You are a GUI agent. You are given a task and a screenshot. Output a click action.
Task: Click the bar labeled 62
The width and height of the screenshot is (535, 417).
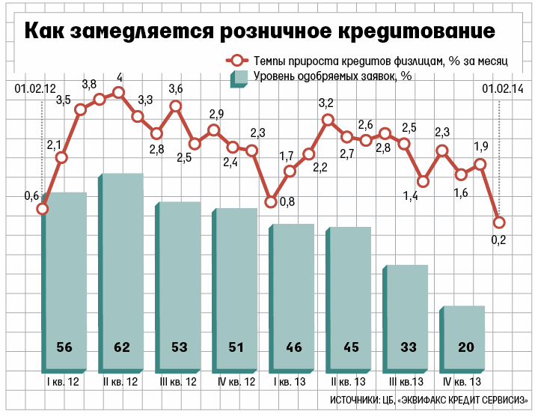point(122,270)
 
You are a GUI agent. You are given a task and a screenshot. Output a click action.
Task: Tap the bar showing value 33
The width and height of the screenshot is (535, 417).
point(407,314)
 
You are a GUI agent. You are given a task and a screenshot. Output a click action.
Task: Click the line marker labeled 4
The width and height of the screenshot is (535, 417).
point(118,93)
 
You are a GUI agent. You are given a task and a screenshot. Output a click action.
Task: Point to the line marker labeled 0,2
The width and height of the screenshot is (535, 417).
point(499,222)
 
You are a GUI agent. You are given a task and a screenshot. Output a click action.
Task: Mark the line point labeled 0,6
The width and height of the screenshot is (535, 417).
point(43,209)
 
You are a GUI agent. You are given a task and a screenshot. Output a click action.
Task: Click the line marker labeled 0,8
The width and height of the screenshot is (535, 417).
point(272,201)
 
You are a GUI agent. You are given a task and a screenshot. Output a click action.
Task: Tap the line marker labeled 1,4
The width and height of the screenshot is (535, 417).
point(424,181)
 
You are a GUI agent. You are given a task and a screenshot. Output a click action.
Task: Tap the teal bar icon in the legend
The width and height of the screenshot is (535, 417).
point(239,78)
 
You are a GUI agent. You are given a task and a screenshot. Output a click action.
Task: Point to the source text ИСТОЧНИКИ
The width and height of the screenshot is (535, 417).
point(355,399)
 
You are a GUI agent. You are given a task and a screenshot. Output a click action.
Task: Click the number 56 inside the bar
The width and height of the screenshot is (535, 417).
point(64,347)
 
